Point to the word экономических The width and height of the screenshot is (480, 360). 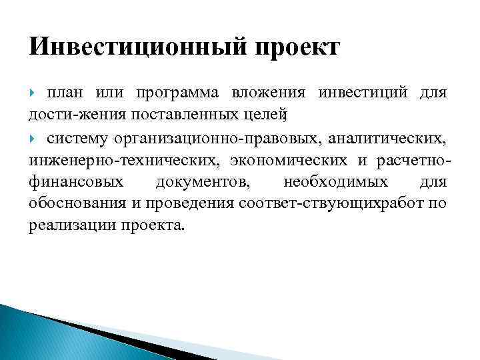(x=289, y=161)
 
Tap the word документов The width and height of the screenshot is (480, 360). (x=202, y=182)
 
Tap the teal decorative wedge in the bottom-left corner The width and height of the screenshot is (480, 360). (x=40, y=333)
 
